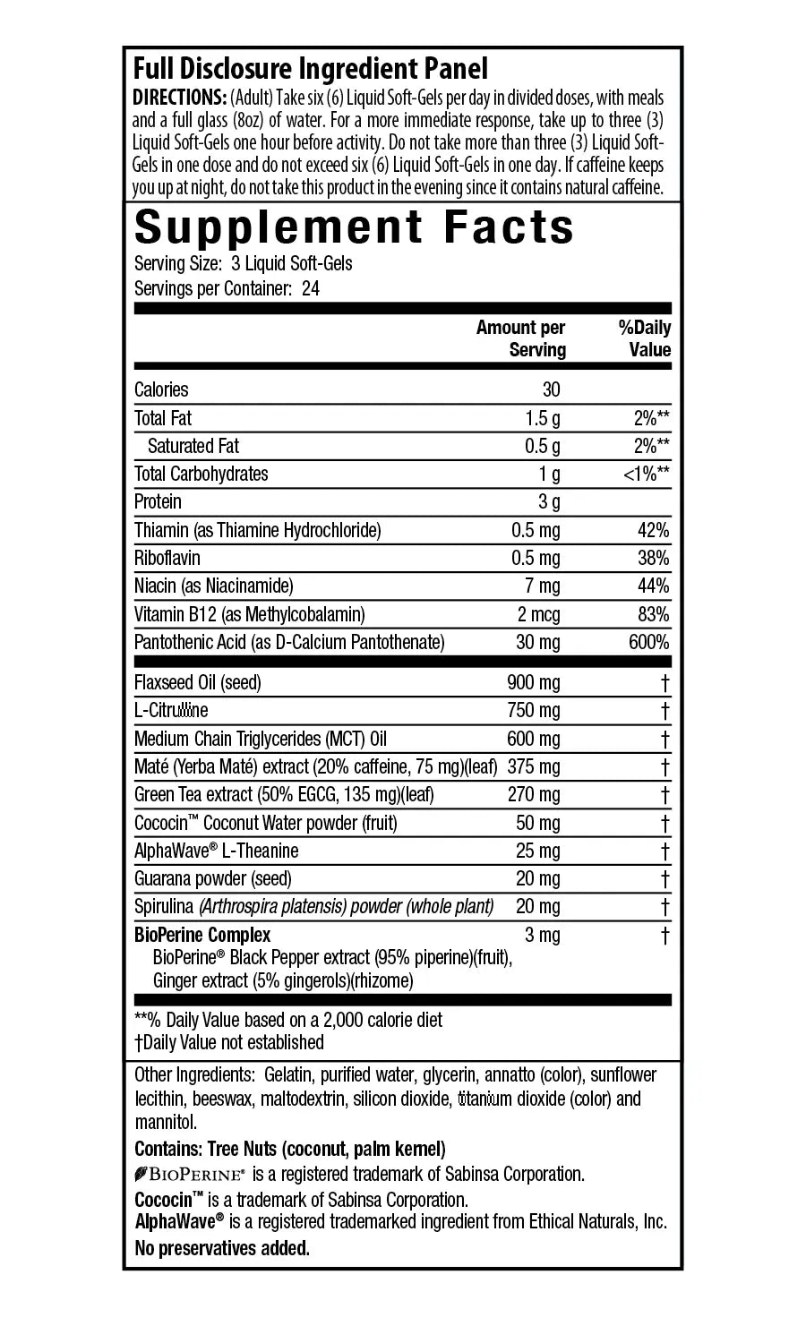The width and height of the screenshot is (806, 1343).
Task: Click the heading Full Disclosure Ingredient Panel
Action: tap(310, 69)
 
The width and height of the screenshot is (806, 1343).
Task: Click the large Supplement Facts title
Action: tap(354, 227)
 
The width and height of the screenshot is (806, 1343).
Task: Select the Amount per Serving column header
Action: tap(521, 338)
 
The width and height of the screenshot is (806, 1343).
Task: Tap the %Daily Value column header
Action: tap(645, 338)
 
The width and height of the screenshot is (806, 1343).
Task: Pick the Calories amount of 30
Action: tap(551, 389)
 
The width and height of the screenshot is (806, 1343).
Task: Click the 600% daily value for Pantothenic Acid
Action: tap(649, 642)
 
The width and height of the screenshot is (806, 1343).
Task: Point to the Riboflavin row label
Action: tap(167, 558)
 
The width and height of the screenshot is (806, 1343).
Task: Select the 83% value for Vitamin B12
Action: tap(654, 614)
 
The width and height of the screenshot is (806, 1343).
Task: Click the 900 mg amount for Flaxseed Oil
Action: tap(534, 683)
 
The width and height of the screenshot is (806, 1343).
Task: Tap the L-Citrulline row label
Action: tap(171, 711)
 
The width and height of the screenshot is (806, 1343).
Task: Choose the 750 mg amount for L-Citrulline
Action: tap(534, 711)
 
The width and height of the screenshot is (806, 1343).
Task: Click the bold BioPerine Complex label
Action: tap(202, 936)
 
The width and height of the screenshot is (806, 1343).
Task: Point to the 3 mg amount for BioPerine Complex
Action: tap(543, 936)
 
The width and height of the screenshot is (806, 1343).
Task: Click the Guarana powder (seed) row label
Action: tap(213, 879)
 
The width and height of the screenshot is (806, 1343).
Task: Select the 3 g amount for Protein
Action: tap(549, 501)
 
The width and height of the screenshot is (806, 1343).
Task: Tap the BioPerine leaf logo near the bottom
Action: tap(141, 1175)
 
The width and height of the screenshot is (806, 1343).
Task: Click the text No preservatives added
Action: tap(222, 1248)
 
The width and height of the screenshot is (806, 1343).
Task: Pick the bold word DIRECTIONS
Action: tap(179, 98)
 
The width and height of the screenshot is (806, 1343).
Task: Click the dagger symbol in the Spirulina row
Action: tap(665, 907)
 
